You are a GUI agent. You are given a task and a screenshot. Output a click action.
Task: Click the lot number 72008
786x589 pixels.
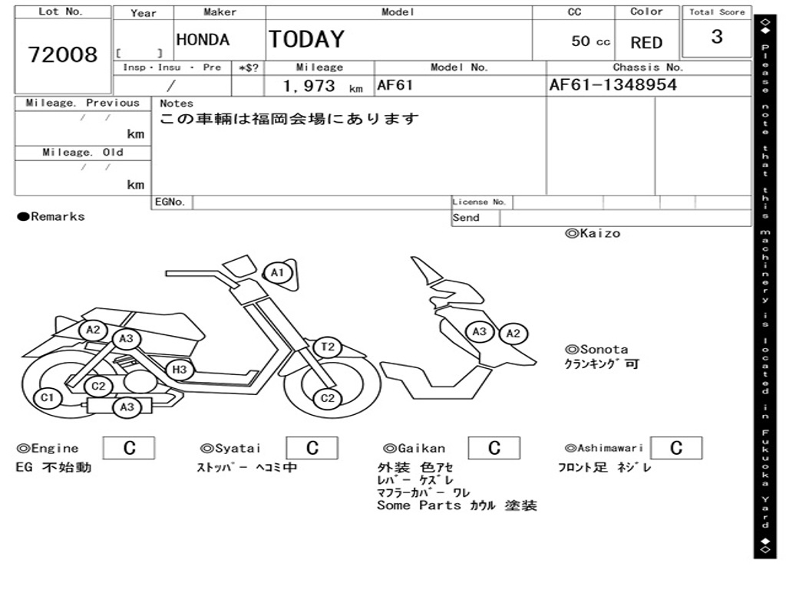pyautogui.click(x=63, y=55)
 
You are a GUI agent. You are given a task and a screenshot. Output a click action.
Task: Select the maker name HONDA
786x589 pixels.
pyautogui.click(x=203, y=41)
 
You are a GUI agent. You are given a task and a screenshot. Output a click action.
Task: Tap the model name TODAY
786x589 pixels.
pyautogui.click(x=306, y=39)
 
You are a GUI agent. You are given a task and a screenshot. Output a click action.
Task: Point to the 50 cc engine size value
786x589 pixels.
pyautogui.click(x=590, y=41)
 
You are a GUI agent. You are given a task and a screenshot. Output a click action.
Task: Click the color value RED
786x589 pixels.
pyautogui.click(x=646, y=43)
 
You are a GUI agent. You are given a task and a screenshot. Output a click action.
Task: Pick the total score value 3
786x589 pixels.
pyautogui.click(x=717, y=37)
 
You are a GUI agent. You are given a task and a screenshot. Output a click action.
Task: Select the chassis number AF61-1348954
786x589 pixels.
pyautogui.click(x=613, y=85)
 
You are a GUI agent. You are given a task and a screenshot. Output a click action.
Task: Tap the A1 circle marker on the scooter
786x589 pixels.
pyautogui.click(x=277, y=272)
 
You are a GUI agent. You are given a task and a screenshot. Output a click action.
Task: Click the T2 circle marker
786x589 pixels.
pyautogui.click(x=328, y=347)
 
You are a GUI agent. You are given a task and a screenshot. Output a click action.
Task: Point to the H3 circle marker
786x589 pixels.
pyautogui.click(x=179, y=370)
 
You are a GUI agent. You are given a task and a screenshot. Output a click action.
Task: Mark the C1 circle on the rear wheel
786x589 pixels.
pyautogui.click(x=48, y=397)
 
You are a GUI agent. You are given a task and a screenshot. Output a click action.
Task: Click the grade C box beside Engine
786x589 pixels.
pyautogui.click(x=129, y=448)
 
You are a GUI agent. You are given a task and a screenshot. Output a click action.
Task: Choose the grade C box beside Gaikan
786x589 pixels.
pyautogui.click(x=494, y=448)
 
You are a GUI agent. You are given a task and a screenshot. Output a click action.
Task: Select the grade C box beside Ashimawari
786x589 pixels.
pyautogui.click(x=675, y=448)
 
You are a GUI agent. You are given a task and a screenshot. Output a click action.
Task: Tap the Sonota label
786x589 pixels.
pyautogui.click(x=597, y=349)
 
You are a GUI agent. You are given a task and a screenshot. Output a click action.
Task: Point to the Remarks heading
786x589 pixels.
pyautogui.click(x=51, y=217)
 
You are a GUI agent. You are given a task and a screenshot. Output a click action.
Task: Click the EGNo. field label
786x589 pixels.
pyautogui.click(x=170, y=202)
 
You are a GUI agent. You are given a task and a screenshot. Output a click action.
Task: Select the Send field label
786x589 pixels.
pyautogui.click(x=466, y=218)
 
